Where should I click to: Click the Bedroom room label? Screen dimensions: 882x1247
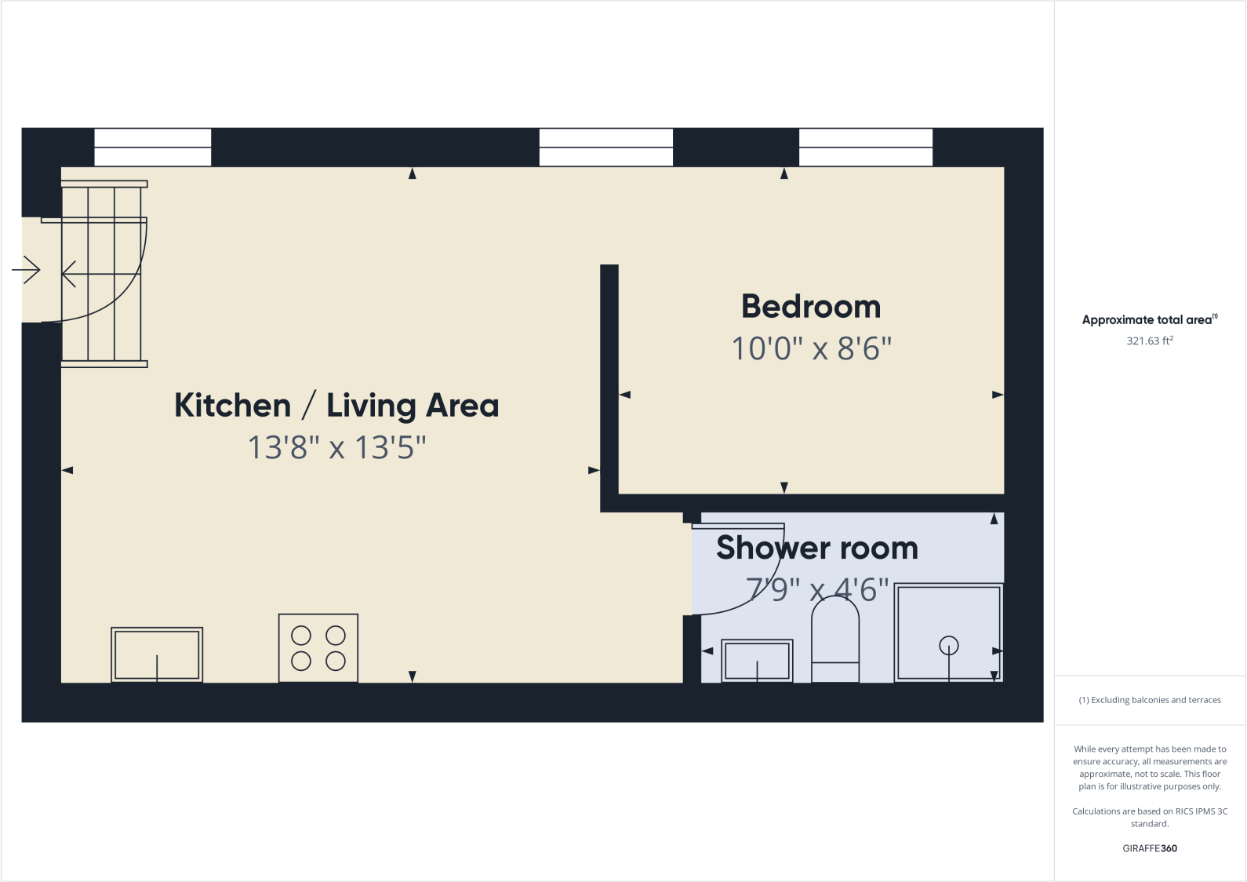(x=811, y=307)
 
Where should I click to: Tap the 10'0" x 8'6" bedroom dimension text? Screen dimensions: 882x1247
(x=811, y=349)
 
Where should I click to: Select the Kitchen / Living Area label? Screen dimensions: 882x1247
(x=336, y=406)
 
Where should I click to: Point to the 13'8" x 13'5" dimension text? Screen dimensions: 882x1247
(x=336, y=448)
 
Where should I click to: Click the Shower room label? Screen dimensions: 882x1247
(x=817, y=548)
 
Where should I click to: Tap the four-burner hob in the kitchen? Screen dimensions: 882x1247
(x=318, y=648)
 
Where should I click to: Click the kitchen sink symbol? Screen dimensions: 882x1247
(x=157, y=654)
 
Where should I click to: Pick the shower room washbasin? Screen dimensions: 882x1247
(x=757, y=661)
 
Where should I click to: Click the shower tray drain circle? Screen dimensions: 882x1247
(x=949, y=646)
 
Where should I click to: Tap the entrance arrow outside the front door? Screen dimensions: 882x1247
(x=26, y=271)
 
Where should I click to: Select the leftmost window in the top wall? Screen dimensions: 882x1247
(x=153, y=148)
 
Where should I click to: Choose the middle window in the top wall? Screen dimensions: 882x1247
(x=606, y=148)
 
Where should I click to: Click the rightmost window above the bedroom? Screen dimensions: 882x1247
(x=866, y=148)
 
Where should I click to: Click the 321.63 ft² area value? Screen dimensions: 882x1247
(x=1150, y=341)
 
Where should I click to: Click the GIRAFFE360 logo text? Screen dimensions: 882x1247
(x=1150, y=848)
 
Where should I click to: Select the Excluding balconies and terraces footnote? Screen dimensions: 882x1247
(x=1150, y=700)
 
